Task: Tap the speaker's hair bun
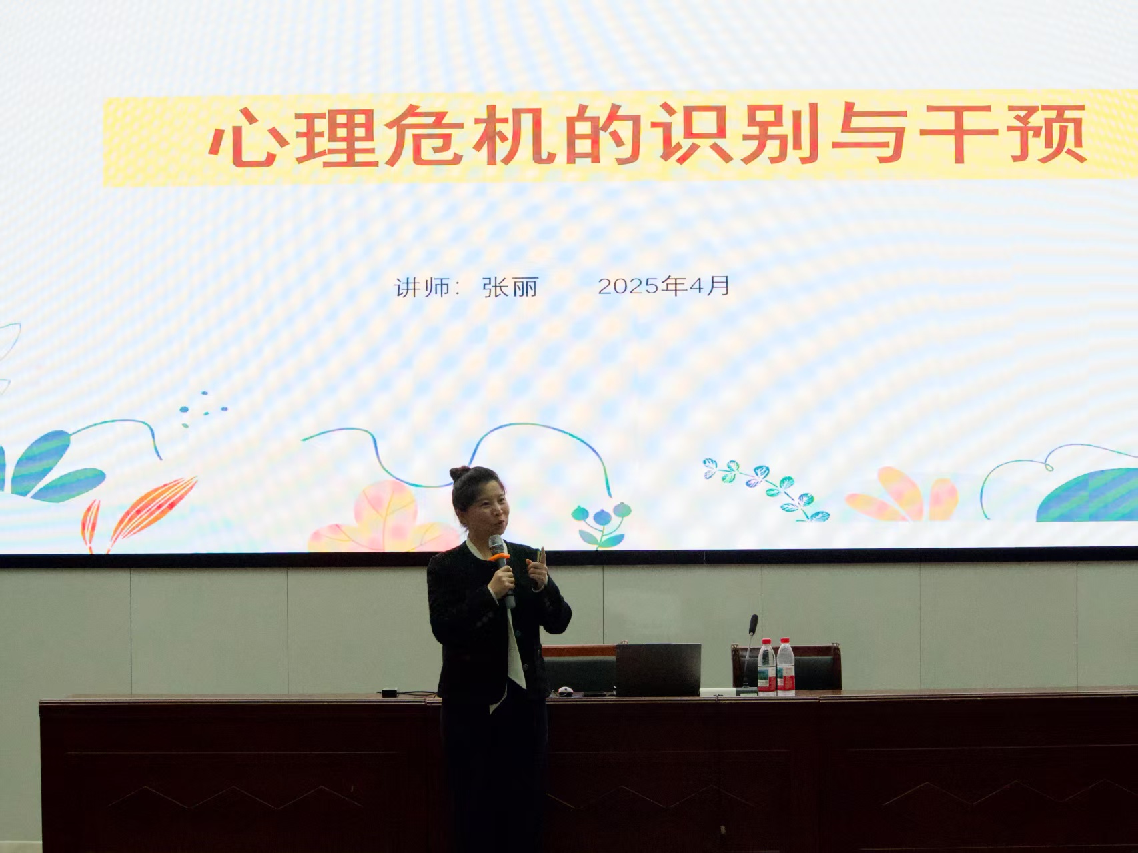coord(460,473)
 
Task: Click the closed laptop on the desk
coord(657,670)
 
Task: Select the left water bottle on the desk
coord(766,667)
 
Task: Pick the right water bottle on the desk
coord(786,667)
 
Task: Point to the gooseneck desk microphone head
coord(753,625)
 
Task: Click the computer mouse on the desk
coord(566,691)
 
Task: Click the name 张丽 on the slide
coord(510,287)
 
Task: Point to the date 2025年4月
coord(664,286)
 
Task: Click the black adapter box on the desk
coord(389,692)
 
